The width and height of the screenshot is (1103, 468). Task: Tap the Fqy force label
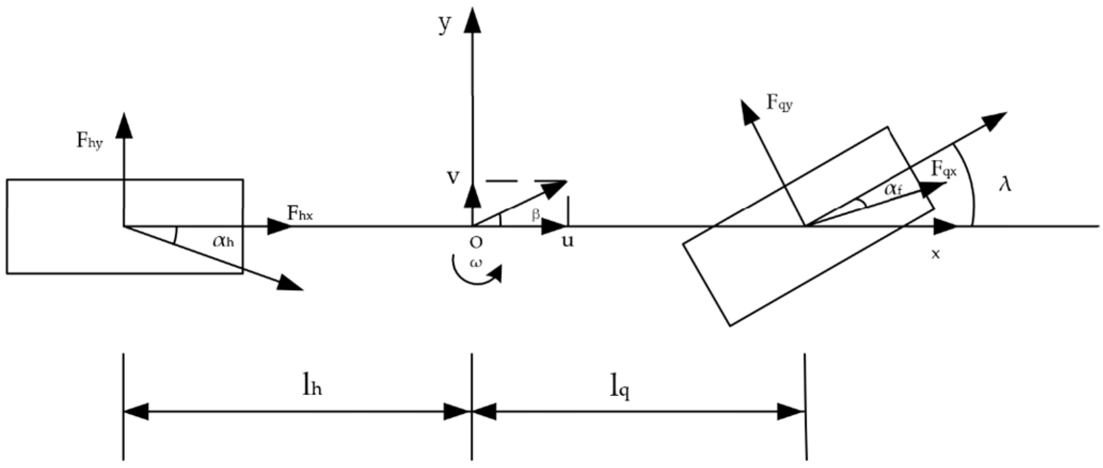coord(779,102)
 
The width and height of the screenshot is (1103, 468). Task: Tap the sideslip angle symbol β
coord(535,214)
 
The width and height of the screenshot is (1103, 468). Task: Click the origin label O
coord(476,243)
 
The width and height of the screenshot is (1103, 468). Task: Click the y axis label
coord(444,25)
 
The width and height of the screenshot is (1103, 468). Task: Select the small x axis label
coord(935,255)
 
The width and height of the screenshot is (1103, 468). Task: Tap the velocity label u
coord(568,241)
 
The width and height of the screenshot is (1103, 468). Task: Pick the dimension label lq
coord(620,389)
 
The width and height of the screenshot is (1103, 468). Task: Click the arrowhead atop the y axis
coord(471,20)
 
